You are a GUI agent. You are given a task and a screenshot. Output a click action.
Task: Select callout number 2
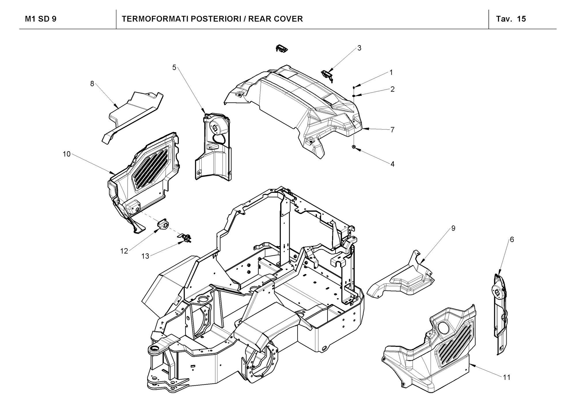392,89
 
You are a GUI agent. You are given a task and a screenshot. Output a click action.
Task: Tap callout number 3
359,48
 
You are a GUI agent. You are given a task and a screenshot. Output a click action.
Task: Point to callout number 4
392,164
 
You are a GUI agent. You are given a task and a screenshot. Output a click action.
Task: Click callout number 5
174,67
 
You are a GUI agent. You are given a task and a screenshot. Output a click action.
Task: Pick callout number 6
512,239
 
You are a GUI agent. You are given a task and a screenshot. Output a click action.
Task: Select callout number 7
392,130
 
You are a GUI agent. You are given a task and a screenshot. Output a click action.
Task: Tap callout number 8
92,84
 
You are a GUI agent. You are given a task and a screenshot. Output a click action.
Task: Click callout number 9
453,228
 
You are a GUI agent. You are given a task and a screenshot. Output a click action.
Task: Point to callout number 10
67,154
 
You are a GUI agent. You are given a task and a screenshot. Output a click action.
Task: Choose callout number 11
507,377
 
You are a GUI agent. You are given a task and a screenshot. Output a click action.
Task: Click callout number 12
124,251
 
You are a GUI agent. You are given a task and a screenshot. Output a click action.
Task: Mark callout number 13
145,256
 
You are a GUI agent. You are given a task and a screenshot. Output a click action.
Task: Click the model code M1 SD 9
41,19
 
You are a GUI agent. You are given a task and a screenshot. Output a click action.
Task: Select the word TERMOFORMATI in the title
154,19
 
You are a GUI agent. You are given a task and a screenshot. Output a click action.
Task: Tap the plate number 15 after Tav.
521,19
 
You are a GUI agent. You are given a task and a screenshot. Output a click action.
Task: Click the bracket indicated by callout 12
163,225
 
